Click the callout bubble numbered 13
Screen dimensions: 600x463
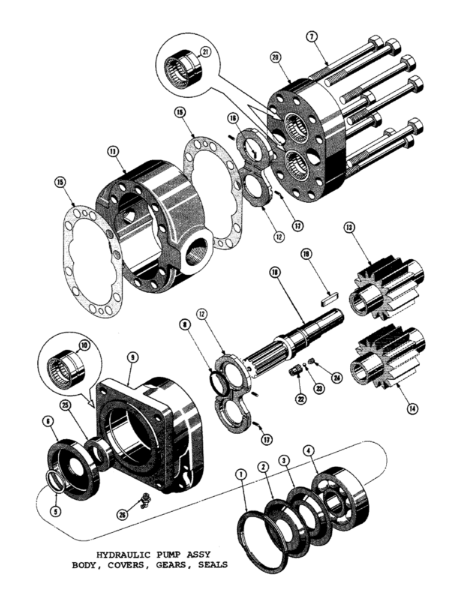pos(349,227)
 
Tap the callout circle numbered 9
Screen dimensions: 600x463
pos(133,358)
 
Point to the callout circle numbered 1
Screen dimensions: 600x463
pos(241,475)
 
